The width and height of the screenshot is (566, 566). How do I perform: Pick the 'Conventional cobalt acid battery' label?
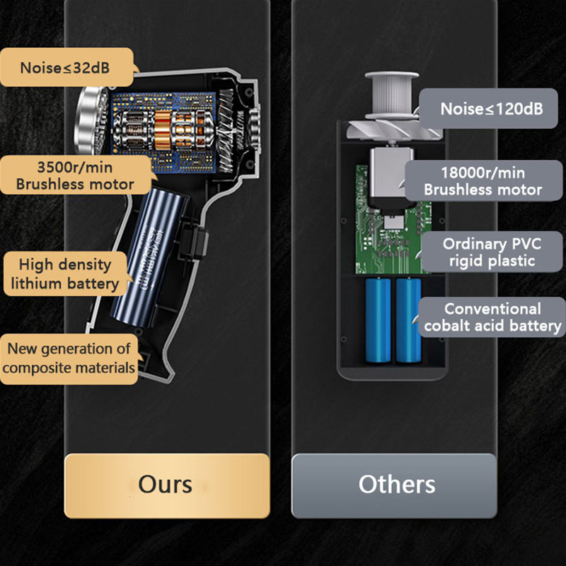click(492, 317)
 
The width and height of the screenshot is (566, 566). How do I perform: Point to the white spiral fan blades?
click(382, 131)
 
